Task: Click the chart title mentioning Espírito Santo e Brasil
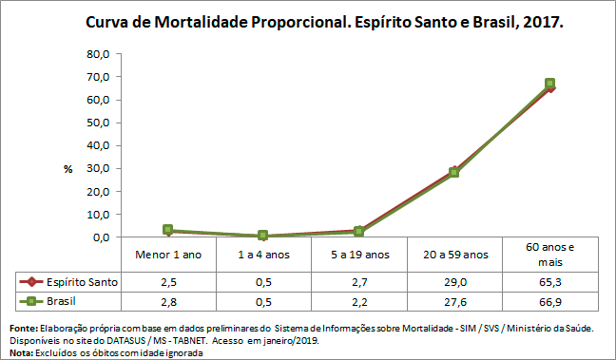324,20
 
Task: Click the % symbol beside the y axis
67,168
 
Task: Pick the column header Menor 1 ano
168,254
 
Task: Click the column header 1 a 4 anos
263,254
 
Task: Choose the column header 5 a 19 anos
358,254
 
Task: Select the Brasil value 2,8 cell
168,301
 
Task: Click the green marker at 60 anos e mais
549,84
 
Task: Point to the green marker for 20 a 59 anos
454,172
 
